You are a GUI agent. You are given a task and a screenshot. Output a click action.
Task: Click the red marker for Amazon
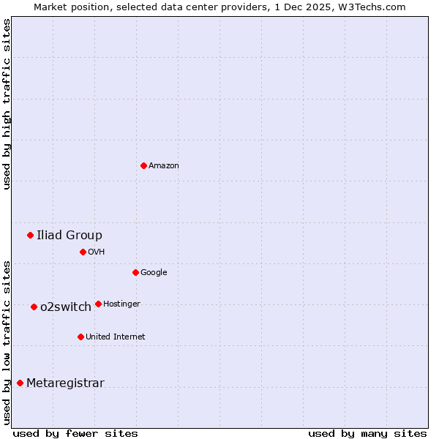click(x=143, y=165)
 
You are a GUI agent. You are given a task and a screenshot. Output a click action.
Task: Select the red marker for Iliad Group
click(x=30, y=235)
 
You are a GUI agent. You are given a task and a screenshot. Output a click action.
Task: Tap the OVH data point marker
click(x=83, y=252)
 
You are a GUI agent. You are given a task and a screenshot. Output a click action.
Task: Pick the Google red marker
click(x=135, y=272)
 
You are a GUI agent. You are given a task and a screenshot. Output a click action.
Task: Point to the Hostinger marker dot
click(x=98, y=304)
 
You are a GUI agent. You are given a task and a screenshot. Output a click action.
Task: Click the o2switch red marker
click(x=34, y=307)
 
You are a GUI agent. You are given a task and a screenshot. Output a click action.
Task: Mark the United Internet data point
click(x=80, y=337)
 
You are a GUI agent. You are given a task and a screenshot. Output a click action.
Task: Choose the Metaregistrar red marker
click(x=20, y=383)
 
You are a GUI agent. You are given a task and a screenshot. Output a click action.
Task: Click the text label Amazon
click(x=164, y=166)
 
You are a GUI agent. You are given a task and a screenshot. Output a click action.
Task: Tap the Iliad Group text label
click(x=70, y=235)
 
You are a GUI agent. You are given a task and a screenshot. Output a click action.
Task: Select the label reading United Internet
click(x=116, y=337)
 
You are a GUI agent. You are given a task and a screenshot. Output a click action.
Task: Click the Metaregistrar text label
click(x=65, y=383)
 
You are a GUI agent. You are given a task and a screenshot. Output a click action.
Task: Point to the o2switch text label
click(x=66, y=307)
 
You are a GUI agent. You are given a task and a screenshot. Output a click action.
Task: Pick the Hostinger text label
click(x=121, y=304)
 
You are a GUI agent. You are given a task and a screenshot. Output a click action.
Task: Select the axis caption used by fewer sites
click(x=75, y=433)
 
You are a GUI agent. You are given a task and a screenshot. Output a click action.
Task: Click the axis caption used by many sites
click(x=367, y=433)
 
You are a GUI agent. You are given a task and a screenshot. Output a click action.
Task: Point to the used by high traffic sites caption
click(x=7, y=104)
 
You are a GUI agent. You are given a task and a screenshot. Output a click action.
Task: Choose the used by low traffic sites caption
click(x=7, y=342)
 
